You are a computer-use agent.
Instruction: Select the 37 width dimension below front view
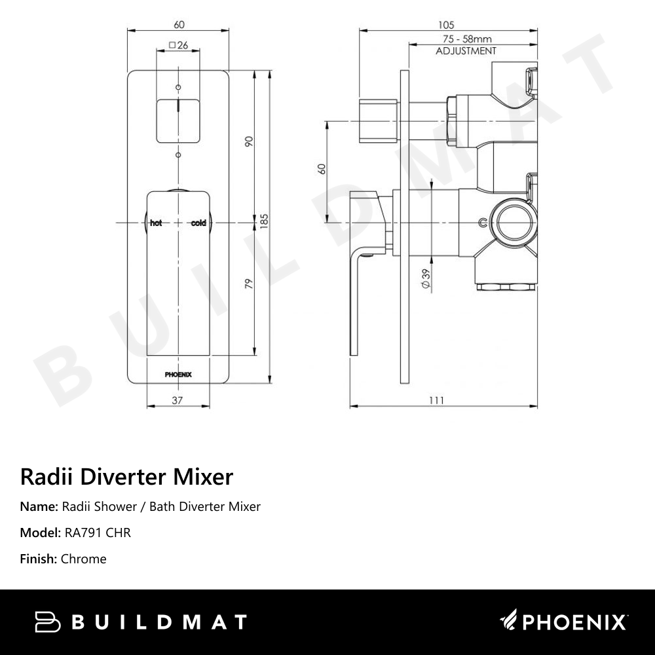(177, 401)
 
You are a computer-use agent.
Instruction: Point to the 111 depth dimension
(437, 401)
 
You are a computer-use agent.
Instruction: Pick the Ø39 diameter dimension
(426, 279)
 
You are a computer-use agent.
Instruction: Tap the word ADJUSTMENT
(466, 50)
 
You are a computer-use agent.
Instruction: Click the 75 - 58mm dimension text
(466, 39)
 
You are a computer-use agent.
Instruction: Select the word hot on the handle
(156, 223)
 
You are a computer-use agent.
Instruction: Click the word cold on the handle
(198, 223)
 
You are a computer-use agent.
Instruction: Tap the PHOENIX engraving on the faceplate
(178, 375)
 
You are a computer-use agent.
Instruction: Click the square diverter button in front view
(178, 121)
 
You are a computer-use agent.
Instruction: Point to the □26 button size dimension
(178, 45)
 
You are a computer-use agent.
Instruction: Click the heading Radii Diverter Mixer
(126, 476)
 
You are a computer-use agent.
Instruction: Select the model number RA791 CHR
(98, 533)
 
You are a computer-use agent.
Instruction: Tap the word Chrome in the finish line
(83, 559)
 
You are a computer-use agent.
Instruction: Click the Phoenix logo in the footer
(564, 621)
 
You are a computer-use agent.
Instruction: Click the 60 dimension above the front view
(178, 25)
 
